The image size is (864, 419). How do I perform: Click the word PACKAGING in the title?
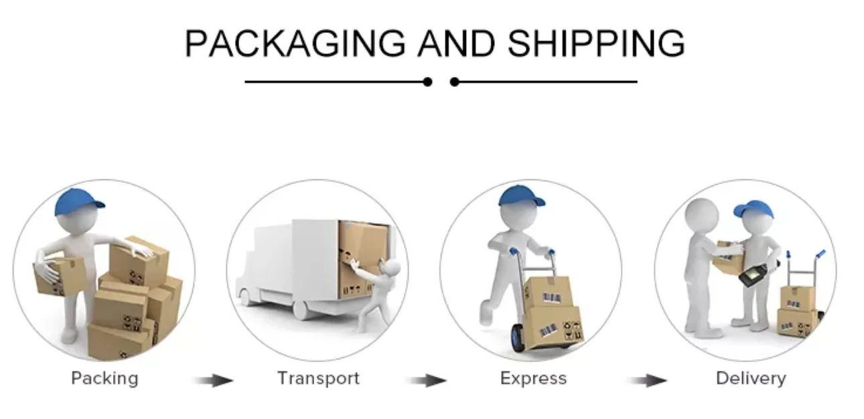[x=295, y=44]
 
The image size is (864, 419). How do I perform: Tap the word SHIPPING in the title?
[x=595, y=44]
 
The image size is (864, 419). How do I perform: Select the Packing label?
[x=104, y=378]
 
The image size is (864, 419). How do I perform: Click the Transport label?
[x=318, y=378]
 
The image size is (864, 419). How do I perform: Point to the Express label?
[x=533, y=378]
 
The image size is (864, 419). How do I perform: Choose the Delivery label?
[x=750, y=378]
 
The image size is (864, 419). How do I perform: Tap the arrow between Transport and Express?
[x=427, y=381]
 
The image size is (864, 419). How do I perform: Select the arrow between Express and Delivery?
[x=647, y=381]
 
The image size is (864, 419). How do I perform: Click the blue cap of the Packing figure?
[x=79, y=201]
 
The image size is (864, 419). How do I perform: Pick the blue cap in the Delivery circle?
[x=753, y=209]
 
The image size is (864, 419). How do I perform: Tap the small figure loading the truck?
[x=384, y=289]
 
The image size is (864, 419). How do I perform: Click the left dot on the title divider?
[x=427, y=82]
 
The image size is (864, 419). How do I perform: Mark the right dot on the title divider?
[x=455, y=82]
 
